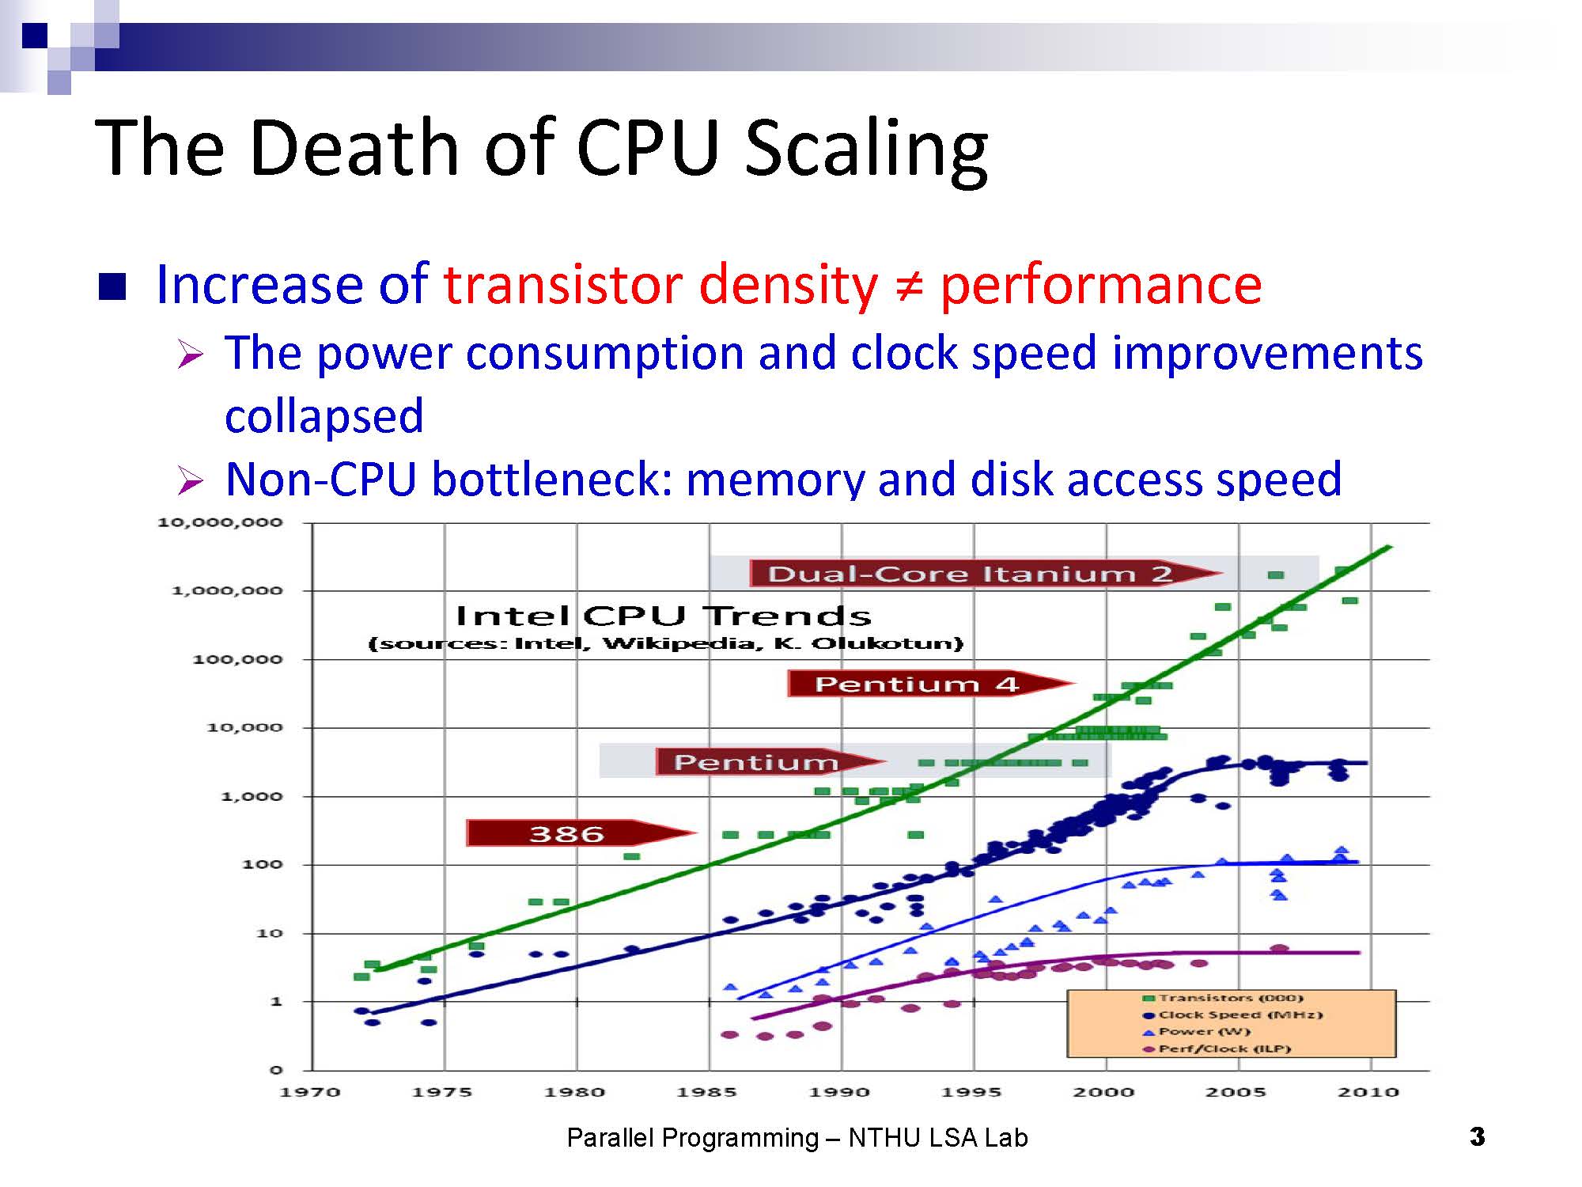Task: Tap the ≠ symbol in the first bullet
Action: tap(908, 285)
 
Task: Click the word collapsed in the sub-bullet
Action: tap(324, 416)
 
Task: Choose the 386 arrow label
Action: tap(566, 833)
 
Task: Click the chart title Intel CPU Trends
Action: tap(663, 616)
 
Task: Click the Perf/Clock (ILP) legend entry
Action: tap(1224, 1049)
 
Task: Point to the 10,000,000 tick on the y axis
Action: tap(220, 522)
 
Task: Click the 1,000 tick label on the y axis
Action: tap(251, 796)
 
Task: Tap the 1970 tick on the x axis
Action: tap(310, 1092)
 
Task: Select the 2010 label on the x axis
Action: tap(1368, 1092)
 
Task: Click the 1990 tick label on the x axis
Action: tap(840, 1092)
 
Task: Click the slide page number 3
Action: tap(1477, 1137)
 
